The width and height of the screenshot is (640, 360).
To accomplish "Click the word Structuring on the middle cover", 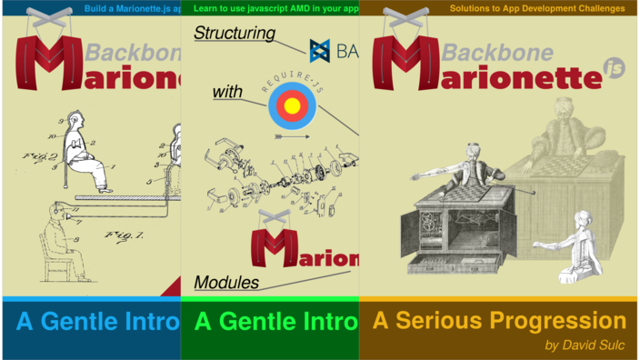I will pos(235,34).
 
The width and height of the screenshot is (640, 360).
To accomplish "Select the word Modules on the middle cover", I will pos(226,283).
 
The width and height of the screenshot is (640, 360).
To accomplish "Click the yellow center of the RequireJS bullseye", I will pos(292,105).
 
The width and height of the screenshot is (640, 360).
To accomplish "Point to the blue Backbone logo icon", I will pos(319,50).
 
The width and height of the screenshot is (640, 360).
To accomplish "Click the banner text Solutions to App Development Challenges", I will pos(537,8).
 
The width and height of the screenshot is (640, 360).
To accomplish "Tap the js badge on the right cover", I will pos(615,68).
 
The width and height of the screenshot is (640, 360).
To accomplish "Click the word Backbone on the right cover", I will pos(497,52).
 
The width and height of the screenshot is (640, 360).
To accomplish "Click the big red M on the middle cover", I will pos(274,244).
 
